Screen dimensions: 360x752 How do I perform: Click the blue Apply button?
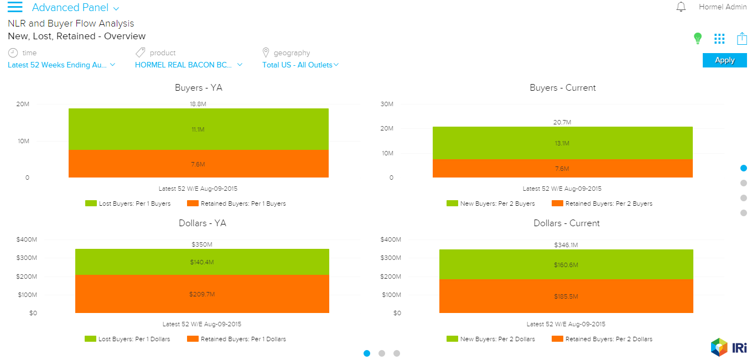724,60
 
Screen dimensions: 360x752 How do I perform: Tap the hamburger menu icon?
15,7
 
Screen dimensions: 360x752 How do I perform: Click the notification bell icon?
681,7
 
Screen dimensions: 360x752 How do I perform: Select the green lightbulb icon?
698,38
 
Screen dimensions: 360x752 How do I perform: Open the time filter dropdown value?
61,65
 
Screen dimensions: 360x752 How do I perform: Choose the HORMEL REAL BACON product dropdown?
189,65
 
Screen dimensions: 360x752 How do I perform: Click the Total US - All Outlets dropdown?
300,65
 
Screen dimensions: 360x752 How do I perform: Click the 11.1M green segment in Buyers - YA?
199,129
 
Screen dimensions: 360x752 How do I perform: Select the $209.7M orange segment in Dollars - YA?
202,294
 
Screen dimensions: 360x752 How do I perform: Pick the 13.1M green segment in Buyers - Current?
562,143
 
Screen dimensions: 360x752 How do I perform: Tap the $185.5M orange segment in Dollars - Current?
566,296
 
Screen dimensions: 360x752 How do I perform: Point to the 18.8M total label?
198,103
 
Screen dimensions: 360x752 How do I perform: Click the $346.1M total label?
566,244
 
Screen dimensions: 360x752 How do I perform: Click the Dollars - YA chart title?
203,223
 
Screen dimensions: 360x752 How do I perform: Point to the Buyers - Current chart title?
563,88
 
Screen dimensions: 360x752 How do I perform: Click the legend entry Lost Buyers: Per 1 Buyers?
128,204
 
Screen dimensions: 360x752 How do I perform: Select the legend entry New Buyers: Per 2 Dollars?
491,339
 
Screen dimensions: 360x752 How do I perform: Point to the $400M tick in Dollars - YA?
27,239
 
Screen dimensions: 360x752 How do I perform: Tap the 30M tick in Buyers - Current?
386,104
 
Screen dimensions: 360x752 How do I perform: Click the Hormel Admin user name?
723,7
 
